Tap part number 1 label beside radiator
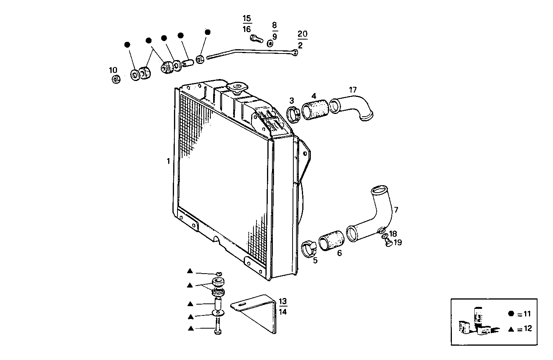coord(169,161)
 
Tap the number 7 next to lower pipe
coord(396,210)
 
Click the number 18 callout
coord(393,234)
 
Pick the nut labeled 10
coord(115,79)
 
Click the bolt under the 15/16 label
coord(255,38)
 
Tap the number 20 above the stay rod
coord(302,34)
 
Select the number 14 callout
coord(283,312)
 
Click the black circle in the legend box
coord(511,313)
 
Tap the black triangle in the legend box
coord(511,329)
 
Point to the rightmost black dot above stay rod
coord(207,32)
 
